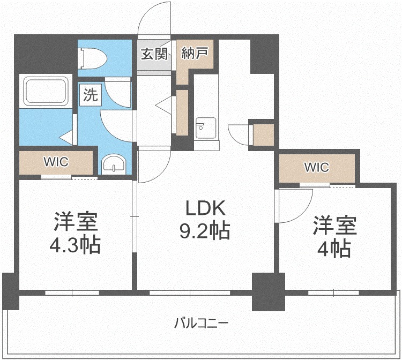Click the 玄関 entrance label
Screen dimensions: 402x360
pyautogui.click(x=154, y=54)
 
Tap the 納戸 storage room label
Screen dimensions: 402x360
pyautogui.click(x=195, y=53)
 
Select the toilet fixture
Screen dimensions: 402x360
pyautogui.click(x=94, y=59)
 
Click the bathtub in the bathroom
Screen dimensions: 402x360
pyautogui.click(x=46, y=91)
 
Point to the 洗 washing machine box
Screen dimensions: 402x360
pyautogui.click(x=91, y=95)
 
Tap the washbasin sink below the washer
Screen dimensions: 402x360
pyautogui.click(x=114, y=165)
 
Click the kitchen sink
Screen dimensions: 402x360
pyautogui.click(x=206, y=128)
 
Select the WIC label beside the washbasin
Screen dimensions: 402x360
pyautogui.click(x=56, y=162)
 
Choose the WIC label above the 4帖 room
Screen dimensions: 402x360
pyautogui.click(x=317, y=167)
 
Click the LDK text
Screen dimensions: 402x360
pyautogui.click(x=206, y=208)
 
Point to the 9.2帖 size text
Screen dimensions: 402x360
pyautogui.click(x=205, y=231)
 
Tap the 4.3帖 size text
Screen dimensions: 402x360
pyautogui.click(x=75, y=245)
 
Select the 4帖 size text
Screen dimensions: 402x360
pyautogui.click(x=334, y=249)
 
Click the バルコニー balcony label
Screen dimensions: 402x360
pyautogui.click(x=201, y=323)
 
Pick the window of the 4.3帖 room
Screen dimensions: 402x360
pyautogui.click(x=72, y=292)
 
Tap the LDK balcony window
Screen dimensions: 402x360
pyautogui.click(x=190, y=292)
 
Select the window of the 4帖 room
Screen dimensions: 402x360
pyautogui.click(x=333, y=292)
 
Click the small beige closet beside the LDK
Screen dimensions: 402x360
pyautogui.click(x=264, y=135)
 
